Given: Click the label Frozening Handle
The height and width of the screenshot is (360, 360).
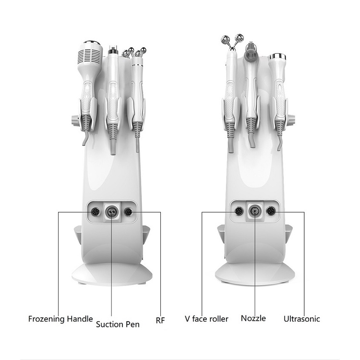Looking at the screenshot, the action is click(60, 319).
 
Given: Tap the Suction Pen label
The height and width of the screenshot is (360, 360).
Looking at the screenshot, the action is click(118, 324).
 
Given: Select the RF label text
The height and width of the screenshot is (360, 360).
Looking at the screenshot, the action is click(160, 320).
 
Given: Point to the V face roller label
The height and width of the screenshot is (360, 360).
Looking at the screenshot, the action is click(206, 319).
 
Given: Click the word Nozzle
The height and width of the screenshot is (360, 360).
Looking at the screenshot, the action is click(253, 318).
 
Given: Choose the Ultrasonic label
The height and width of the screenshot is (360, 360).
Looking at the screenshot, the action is click(302, 319).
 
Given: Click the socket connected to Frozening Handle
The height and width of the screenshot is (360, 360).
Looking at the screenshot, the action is click(96, 212).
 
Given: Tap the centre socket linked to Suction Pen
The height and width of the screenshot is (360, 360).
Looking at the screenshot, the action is click(111, 212).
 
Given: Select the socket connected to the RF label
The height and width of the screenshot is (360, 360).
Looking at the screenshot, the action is click(128, 212).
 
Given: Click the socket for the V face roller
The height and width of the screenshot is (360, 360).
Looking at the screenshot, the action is click(239, 211).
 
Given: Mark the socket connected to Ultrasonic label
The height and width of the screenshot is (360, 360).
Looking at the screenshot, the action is click(271, 211).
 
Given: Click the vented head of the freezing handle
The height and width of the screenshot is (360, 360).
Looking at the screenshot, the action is click(90, 53).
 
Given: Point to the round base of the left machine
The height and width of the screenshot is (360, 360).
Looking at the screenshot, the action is click(112, 275).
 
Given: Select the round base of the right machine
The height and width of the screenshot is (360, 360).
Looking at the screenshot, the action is click(255, 274).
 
